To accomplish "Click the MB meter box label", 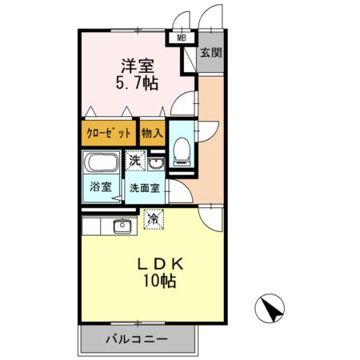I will tap(181, 37).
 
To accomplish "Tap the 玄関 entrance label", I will tap(210, 54).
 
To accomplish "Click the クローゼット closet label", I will tap(106, 133).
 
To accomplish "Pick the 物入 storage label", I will tap(152, 133).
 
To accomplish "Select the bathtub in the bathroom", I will tap(102, 166).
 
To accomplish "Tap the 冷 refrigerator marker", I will tap(152, 216).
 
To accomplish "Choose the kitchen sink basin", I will tap(123, 225).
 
